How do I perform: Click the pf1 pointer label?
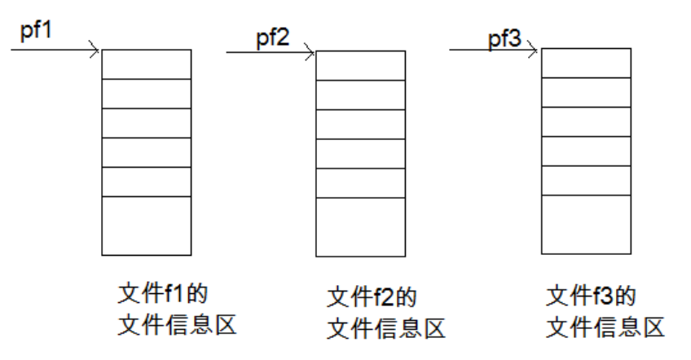pos(35,35)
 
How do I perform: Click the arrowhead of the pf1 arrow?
pos(96,50)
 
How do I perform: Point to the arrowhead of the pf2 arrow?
pos(310,53)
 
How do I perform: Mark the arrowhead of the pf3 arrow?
pos(534,50)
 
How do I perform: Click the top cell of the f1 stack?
pos(147,64)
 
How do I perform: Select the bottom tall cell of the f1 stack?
pos(147,225)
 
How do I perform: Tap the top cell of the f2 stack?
pos(361,67)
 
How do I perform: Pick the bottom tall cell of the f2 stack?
pos(361,227)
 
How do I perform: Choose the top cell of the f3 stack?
pos(586,63)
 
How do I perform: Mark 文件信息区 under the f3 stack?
pos(605,327)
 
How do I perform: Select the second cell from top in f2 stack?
pos(361,95)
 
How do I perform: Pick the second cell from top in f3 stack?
pos(586,92)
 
